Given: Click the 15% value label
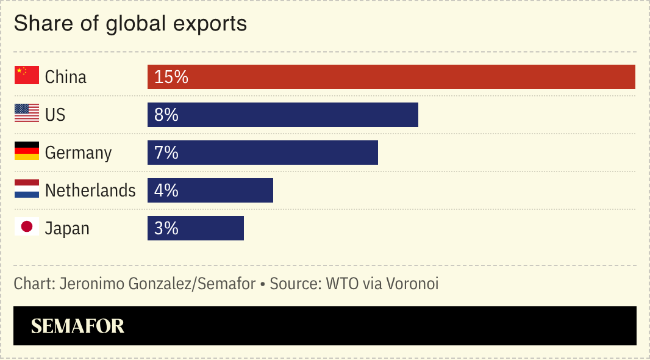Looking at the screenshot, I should (x=171, y=77).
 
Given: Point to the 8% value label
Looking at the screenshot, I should (x=166, y=115).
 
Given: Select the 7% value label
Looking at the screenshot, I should (x=166, y=153).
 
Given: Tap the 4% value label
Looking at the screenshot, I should (x=166, y=190).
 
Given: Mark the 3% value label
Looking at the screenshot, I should (x=166, y=228).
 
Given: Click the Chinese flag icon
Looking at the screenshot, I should (x=26, y=75).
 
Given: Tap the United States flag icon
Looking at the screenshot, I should (x=26, y=113).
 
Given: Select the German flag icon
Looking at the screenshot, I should (x=26, y=151).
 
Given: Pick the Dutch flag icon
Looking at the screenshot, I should (x=26, y=189).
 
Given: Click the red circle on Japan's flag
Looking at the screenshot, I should (x=26, y=226).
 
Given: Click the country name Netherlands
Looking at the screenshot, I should (x=90, y=190).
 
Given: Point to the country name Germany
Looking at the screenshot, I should (x=78, y=153).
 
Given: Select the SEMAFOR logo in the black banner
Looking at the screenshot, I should (x=77, y=326).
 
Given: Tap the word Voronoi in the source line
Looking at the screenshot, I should (x=412, y=284).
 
